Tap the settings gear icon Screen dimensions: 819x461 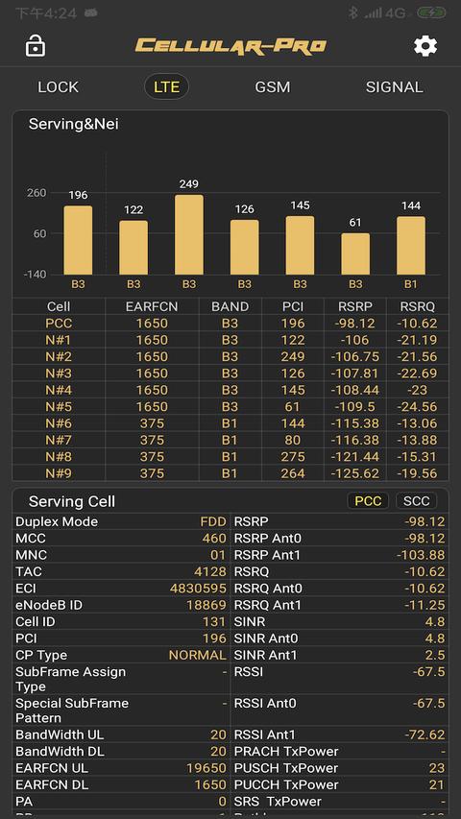[425, 46]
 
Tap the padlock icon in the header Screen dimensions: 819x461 [36, 46]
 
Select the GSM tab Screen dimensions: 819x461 [272, 86]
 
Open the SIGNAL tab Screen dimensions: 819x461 [394, 86]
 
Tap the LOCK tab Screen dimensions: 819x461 [58, 86]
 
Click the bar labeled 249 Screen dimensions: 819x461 [189, 235]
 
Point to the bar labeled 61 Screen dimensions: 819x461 [355, 253]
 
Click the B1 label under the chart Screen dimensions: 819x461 [411, 284]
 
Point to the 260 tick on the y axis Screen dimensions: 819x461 [36, 193]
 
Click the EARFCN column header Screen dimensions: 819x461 [152, 306]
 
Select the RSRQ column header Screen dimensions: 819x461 [418, 306]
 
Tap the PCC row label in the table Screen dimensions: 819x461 [59, 323]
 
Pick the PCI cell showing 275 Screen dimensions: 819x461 [293, 457]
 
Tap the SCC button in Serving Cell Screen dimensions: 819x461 [416, 501]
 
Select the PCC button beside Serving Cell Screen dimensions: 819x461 [368, 501]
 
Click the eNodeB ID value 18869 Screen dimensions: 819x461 [206, 605]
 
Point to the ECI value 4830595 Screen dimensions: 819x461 [198, 589]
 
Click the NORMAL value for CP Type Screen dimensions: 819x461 [197, 655]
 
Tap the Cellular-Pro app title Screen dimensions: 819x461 [230, 46]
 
